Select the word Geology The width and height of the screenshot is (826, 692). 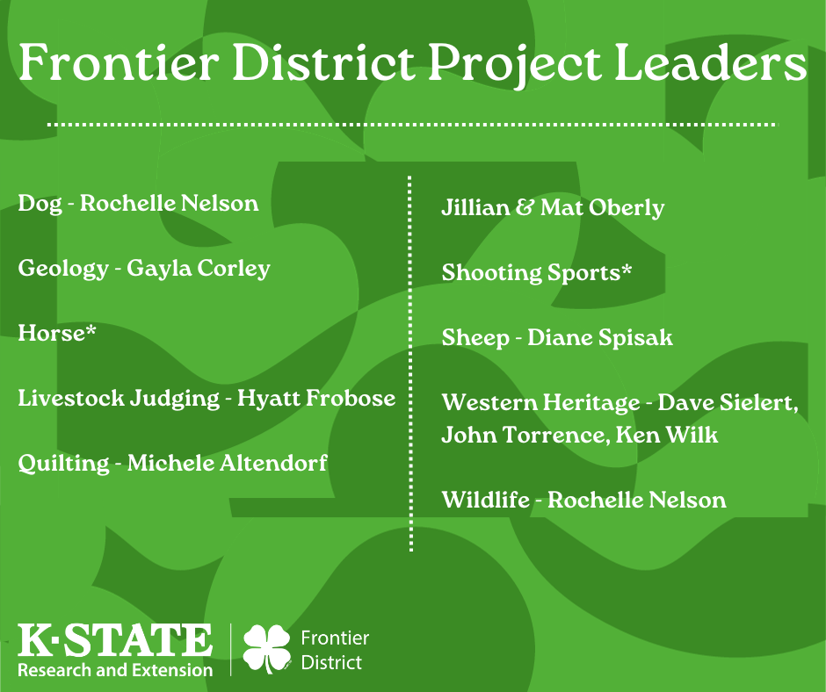pos(62,269)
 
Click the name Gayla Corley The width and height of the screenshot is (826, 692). pos(199,269)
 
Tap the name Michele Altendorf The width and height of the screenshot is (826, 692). pos(228,464)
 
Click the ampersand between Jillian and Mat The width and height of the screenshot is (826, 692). pos(525,209)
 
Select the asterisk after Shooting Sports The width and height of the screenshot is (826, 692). pos(626,270)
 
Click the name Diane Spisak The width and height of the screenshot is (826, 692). pos(600,338)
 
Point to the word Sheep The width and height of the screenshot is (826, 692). pos(475,338)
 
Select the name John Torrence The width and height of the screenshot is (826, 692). pos(518,435)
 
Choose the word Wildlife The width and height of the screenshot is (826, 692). pos(485,501)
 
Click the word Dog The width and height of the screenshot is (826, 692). pos(40,205)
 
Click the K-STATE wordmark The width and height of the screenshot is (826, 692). pos(115,640)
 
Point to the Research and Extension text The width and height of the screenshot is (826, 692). pos(115,670)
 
